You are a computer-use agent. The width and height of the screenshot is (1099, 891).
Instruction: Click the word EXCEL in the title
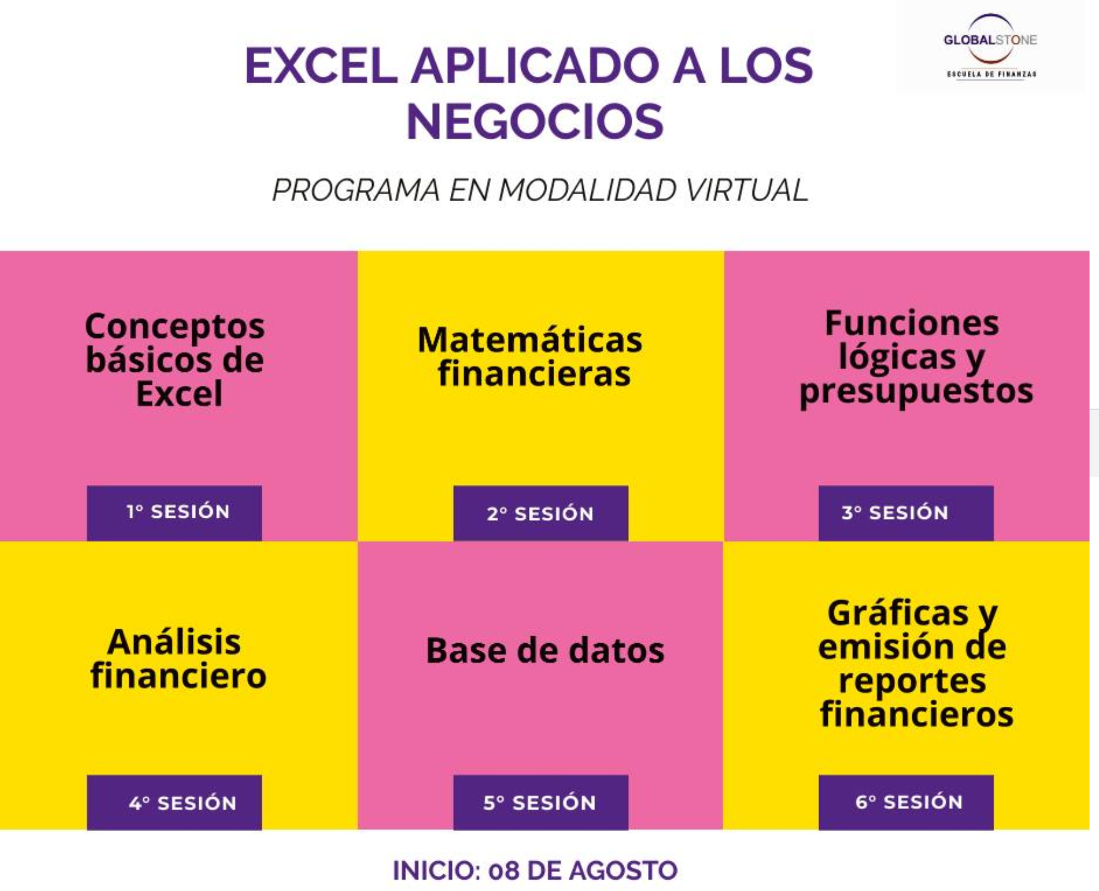coord(321,66)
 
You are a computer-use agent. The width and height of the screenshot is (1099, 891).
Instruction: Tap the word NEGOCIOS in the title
coord(535,122)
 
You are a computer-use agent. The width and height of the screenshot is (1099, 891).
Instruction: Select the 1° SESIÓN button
coord(174,513)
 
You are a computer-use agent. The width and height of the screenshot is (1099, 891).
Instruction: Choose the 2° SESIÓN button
coord(540,513)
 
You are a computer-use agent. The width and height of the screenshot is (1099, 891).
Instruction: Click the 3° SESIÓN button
coord(905,513)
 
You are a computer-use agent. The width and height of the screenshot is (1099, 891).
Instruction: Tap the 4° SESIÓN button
coord(174,802)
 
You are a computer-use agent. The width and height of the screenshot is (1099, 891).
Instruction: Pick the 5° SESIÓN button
coord(540,802)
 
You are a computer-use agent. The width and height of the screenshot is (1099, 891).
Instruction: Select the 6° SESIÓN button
coord(905,802)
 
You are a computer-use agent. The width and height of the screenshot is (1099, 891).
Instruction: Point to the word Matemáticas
coord(530,340)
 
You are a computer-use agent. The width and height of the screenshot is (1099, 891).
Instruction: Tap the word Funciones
coord(912,323)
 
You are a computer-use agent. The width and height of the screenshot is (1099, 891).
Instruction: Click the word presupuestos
coord(916,392)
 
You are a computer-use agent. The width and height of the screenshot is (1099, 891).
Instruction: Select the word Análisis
coord(174,642)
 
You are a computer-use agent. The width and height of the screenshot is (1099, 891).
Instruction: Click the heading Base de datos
coord(545,650)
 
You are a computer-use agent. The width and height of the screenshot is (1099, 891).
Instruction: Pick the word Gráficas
coord(898,612)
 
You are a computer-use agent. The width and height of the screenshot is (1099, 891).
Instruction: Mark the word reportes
coord(912,682)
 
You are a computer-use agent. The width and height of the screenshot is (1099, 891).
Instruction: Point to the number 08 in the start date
coord(504,871)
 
